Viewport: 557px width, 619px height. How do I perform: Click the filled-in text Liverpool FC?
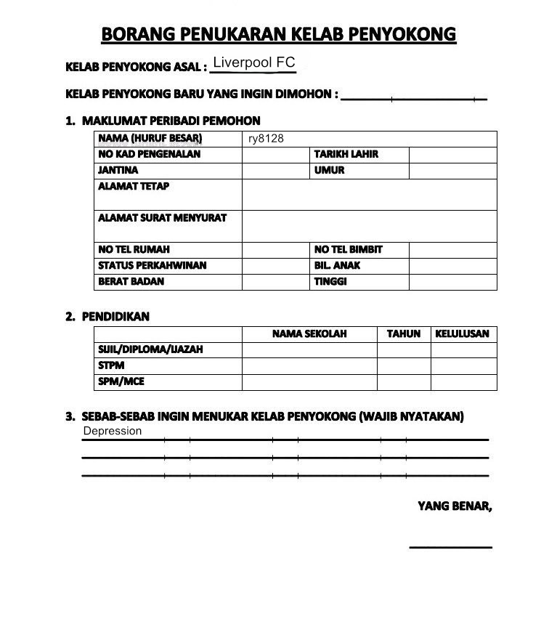[253, 62]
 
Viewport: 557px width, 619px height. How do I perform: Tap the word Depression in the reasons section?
[113, 431]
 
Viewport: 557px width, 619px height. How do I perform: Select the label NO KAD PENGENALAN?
[149, 154]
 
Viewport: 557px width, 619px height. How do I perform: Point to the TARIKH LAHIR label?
[346, 154]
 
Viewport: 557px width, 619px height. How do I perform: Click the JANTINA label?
[118, 170]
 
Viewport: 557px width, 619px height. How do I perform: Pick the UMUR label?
[329, 170]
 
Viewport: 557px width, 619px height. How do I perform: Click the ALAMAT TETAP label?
[134, 187]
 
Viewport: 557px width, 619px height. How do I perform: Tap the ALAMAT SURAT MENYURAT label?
[162, 218]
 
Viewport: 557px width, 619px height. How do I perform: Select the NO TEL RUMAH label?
[134, 249]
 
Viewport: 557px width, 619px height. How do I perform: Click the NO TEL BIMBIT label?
[348, 249]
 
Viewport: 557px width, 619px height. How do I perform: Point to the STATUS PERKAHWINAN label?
[152, 265]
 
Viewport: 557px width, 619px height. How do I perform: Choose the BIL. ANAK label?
[337, 265]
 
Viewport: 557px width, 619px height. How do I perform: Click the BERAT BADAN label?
[131, 281]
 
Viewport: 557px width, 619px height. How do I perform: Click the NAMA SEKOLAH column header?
[309, 334]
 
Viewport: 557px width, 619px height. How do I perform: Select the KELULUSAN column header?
[463, 334]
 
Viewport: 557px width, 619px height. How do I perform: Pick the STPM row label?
[111, 365]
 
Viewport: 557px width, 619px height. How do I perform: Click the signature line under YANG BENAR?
[450, 546]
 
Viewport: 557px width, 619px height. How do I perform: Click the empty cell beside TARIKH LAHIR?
[452, 154]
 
